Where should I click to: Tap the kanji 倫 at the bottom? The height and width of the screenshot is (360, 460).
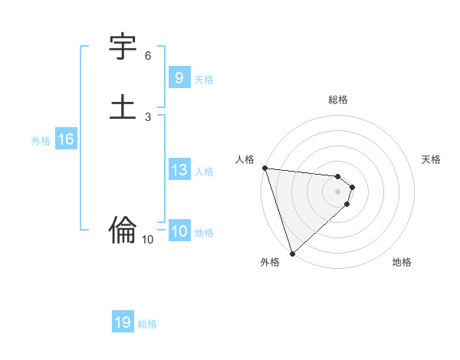(123, 228)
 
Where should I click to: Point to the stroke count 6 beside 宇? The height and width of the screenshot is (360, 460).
(148, 56)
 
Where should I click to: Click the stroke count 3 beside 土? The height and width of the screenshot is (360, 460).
(148, 116)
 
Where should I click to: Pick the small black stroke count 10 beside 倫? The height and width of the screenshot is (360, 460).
(148, 240)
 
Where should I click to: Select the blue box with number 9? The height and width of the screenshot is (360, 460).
(179, 78)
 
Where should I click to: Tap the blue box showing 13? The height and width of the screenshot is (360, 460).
(179, 170)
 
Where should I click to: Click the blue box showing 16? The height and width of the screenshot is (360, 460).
(65, 139)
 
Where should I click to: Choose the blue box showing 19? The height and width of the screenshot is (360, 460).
(123, 322)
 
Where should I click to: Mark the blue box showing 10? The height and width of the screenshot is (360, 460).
(179, 231)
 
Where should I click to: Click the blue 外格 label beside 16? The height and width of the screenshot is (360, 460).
(41, 141)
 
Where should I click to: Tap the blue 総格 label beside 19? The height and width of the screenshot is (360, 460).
(147, 324)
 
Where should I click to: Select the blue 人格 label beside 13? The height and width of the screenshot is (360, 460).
(204, 172)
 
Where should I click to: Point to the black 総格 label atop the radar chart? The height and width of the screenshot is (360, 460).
(338, 100)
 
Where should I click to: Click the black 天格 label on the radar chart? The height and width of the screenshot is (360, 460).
(432, 159)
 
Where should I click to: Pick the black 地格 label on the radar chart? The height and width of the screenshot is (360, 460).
(402, 262)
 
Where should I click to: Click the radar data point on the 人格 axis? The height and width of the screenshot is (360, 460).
(264, 168)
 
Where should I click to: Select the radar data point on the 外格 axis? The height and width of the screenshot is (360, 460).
(292, 253)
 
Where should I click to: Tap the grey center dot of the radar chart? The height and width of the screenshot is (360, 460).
(338, 191)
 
